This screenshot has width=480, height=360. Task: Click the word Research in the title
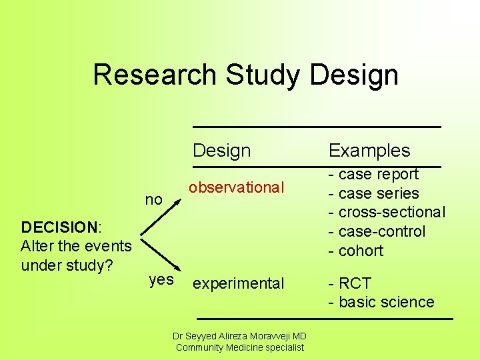pyautogui.click(x=155, y=75)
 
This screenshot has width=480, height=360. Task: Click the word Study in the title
pyautogui.click(x=264, y=75)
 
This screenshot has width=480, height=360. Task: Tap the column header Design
pyautogui.click(x=221, y=151)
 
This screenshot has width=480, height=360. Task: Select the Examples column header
pyautogui.click(x=369, y=151)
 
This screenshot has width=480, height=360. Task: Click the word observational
pyautogui.click(x=236, y=188)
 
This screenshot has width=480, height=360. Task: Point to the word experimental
pyautogui.click(x=238, y=283)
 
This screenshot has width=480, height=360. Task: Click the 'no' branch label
pyautogui.click(x=154, y=199)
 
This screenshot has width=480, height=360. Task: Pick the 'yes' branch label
pyautogui.click(x=161, y=280)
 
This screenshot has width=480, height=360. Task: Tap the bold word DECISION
pyautogui.click(x=59, y=227)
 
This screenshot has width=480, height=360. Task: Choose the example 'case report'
pyautogui.click(x=378, y=175)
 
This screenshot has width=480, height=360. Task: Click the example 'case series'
pyautogui.click(x=378, y=194)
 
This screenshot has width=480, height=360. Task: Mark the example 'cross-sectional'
pyautogui.click(x=391, y=213)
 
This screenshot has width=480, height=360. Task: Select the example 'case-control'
pyautogui.click(x=382, y=232)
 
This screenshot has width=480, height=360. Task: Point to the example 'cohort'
pyautogui.click(x=361, y=251)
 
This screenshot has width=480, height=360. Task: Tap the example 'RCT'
pyautogui.click(x=355, y=283)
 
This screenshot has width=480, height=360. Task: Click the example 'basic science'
pyautogui.click(x=386, y=302)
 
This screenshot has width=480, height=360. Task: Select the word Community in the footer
pyautogui.click(x=199, y=347)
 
